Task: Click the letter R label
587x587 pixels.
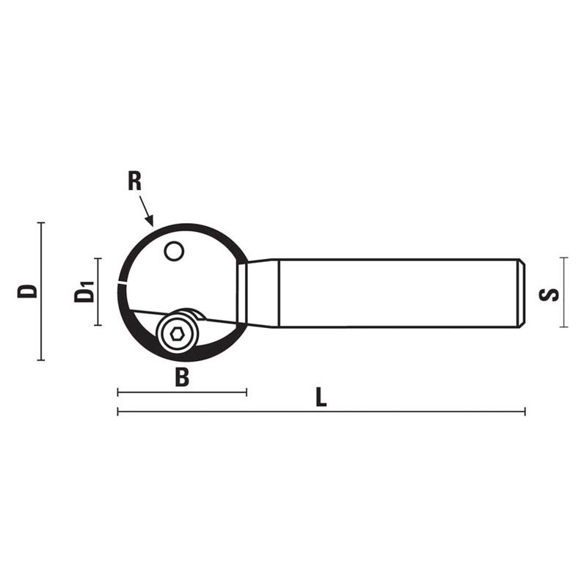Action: tap(134, 181)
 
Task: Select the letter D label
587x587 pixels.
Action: tap(28, 291)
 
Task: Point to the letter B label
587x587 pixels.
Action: tap(182, 379)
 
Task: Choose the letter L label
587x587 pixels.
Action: tap(321, 398)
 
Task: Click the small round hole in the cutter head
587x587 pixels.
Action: tap(173, 252)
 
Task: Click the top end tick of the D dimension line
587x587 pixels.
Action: tap(41, 222)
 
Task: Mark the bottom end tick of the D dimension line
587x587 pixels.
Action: tap(41, 360)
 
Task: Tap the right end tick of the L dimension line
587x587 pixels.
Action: tap(525, 412)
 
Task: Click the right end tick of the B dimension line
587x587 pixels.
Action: tap(246, 393)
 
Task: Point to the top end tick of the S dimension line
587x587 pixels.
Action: tap(564, 258)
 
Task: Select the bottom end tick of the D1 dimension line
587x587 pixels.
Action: tap(98, 325)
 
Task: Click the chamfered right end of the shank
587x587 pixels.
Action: tap(522, 293)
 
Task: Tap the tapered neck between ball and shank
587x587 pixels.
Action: tap(261, 293)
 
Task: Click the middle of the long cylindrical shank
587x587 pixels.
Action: tap(400, 293)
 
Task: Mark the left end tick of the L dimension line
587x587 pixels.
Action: tap(118, 412)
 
